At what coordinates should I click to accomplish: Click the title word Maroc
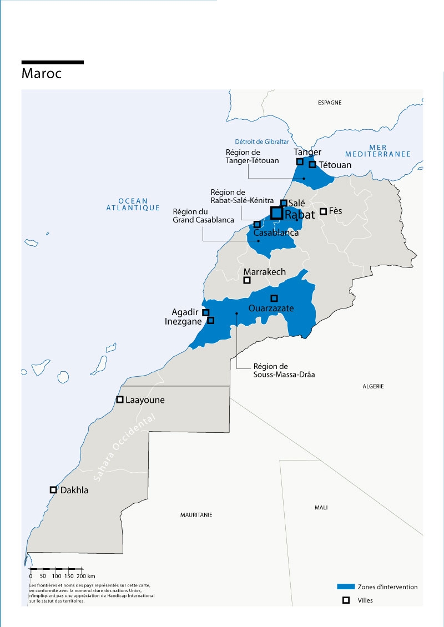pos(41,73)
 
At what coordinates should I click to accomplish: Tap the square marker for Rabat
pos(276,213)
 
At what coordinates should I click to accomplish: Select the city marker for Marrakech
pos(248,280)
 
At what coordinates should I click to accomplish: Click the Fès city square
pos(323,211)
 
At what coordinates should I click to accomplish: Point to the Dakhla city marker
pos(53,490)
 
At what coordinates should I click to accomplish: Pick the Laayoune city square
pos(119,400)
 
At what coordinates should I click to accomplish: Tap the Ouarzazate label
pos(271,309)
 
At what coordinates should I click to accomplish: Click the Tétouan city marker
pos(312,164)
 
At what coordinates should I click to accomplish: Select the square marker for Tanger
pos(300,161)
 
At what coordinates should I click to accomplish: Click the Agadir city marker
pos(205,312)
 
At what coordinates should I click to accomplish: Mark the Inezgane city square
pos(210,320)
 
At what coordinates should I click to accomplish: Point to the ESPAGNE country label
pos(329,103)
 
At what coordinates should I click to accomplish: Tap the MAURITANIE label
pos(196,515)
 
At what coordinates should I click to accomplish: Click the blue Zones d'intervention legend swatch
pos(346,586)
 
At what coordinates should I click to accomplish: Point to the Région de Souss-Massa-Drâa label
pos(270,370)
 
